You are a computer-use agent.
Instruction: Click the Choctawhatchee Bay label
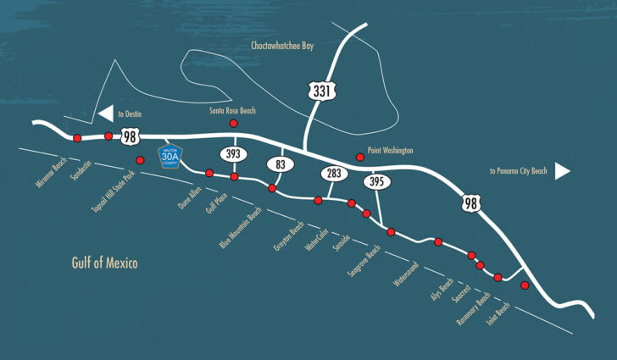282,46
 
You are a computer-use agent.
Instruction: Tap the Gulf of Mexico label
104,263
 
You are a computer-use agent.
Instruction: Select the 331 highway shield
319,91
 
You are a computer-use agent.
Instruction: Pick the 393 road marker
233,154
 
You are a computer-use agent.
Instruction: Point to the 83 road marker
281,164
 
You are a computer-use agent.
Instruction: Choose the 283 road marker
332,174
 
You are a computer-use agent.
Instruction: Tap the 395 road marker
375,181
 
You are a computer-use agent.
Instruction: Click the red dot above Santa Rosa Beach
234,124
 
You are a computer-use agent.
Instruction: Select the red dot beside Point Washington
360,157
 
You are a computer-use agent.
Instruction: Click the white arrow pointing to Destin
105,114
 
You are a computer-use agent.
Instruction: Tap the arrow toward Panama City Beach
563,171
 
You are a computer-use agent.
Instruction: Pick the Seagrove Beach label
362,250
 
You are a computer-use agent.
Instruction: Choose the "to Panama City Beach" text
519,171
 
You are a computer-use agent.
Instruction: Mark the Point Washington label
391,150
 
